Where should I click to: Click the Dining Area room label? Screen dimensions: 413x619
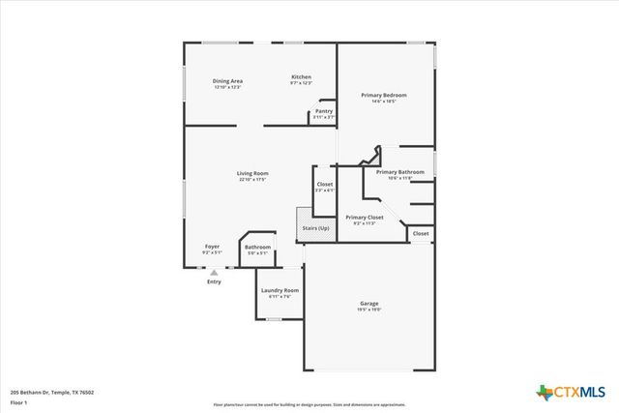point(227,81)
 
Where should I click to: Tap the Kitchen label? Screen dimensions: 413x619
point(302,76)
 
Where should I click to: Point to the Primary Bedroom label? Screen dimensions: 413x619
point(384,95)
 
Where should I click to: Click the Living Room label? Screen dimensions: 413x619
point(252,173)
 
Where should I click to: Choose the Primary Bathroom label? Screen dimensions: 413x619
point(399,171)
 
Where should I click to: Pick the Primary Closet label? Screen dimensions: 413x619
point(365,218)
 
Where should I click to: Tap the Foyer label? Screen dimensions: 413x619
point(212,247)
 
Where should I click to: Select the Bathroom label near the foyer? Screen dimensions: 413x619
point(257,247)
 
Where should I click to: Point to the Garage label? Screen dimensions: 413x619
point(369,304)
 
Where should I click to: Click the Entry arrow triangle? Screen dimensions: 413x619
point(214,273)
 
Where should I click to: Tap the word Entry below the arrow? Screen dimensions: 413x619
point(214,281)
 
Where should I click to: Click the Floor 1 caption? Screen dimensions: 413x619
point(20,402)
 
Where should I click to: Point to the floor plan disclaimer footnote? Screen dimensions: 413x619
point(308,404)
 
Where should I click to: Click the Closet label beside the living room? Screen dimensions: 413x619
point(325,184)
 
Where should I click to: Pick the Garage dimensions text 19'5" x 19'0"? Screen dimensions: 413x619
point(369,310)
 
